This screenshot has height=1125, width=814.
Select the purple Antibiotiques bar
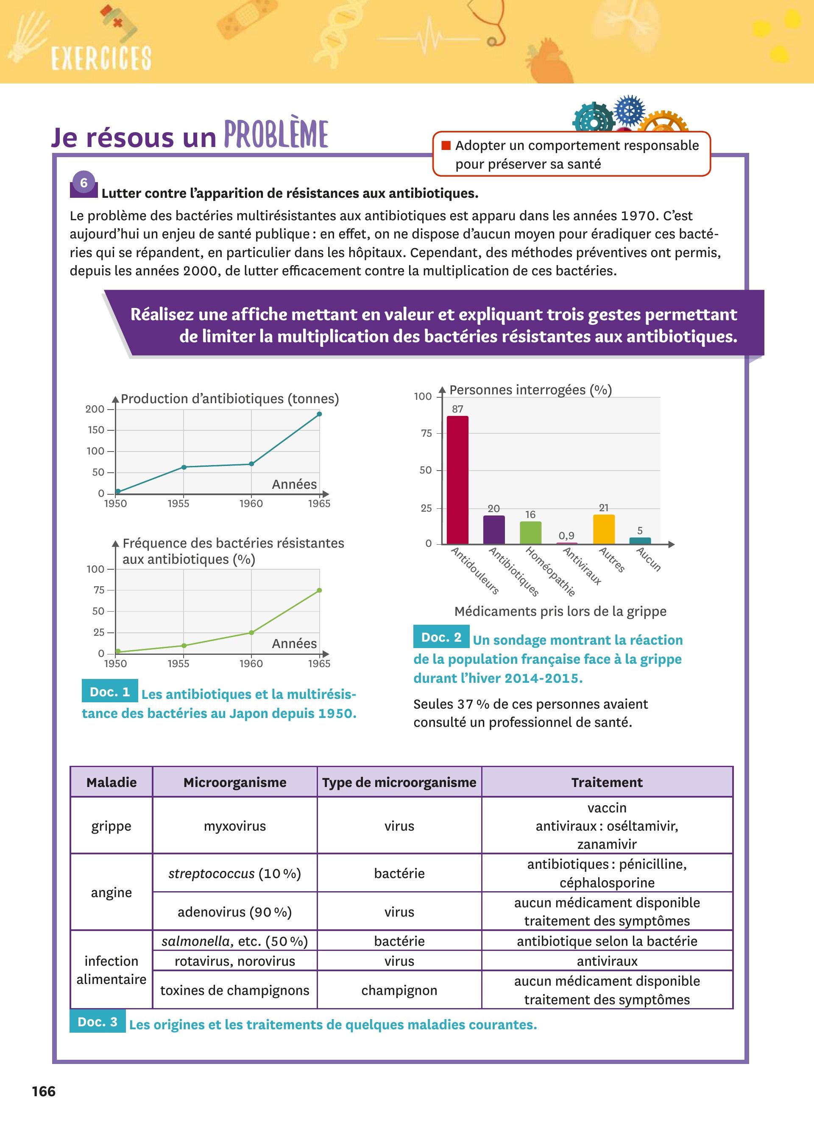click(494, 530)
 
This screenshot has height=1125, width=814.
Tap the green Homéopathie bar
click(530, 533)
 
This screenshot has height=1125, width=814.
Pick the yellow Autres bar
click(604, 529)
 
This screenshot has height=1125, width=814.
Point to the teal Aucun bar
click(640, 540)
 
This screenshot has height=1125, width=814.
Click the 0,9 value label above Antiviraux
click(566, 536)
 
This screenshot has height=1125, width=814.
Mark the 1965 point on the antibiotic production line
click(319, 414)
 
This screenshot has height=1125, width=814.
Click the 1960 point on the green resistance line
click(251, 632)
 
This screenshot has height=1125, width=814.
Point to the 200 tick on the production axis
click(95, 409)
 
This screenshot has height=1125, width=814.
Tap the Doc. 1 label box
click(110, 691)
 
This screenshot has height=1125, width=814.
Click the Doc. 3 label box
click(98, 1022)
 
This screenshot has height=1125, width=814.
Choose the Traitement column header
click(607, 782)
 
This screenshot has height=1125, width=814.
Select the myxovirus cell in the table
click(235, 826)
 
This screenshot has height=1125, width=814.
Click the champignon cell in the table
click(399, 990)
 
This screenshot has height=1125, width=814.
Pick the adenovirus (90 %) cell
click(235, 912)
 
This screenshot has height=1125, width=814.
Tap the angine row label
click(111, 892)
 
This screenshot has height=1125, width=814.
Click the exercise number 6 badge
click(84, 183)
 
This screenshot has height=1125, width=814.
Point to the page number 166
click(44, 1091)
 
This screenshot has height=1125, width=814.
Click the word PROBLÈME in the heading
click(276, 134)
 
